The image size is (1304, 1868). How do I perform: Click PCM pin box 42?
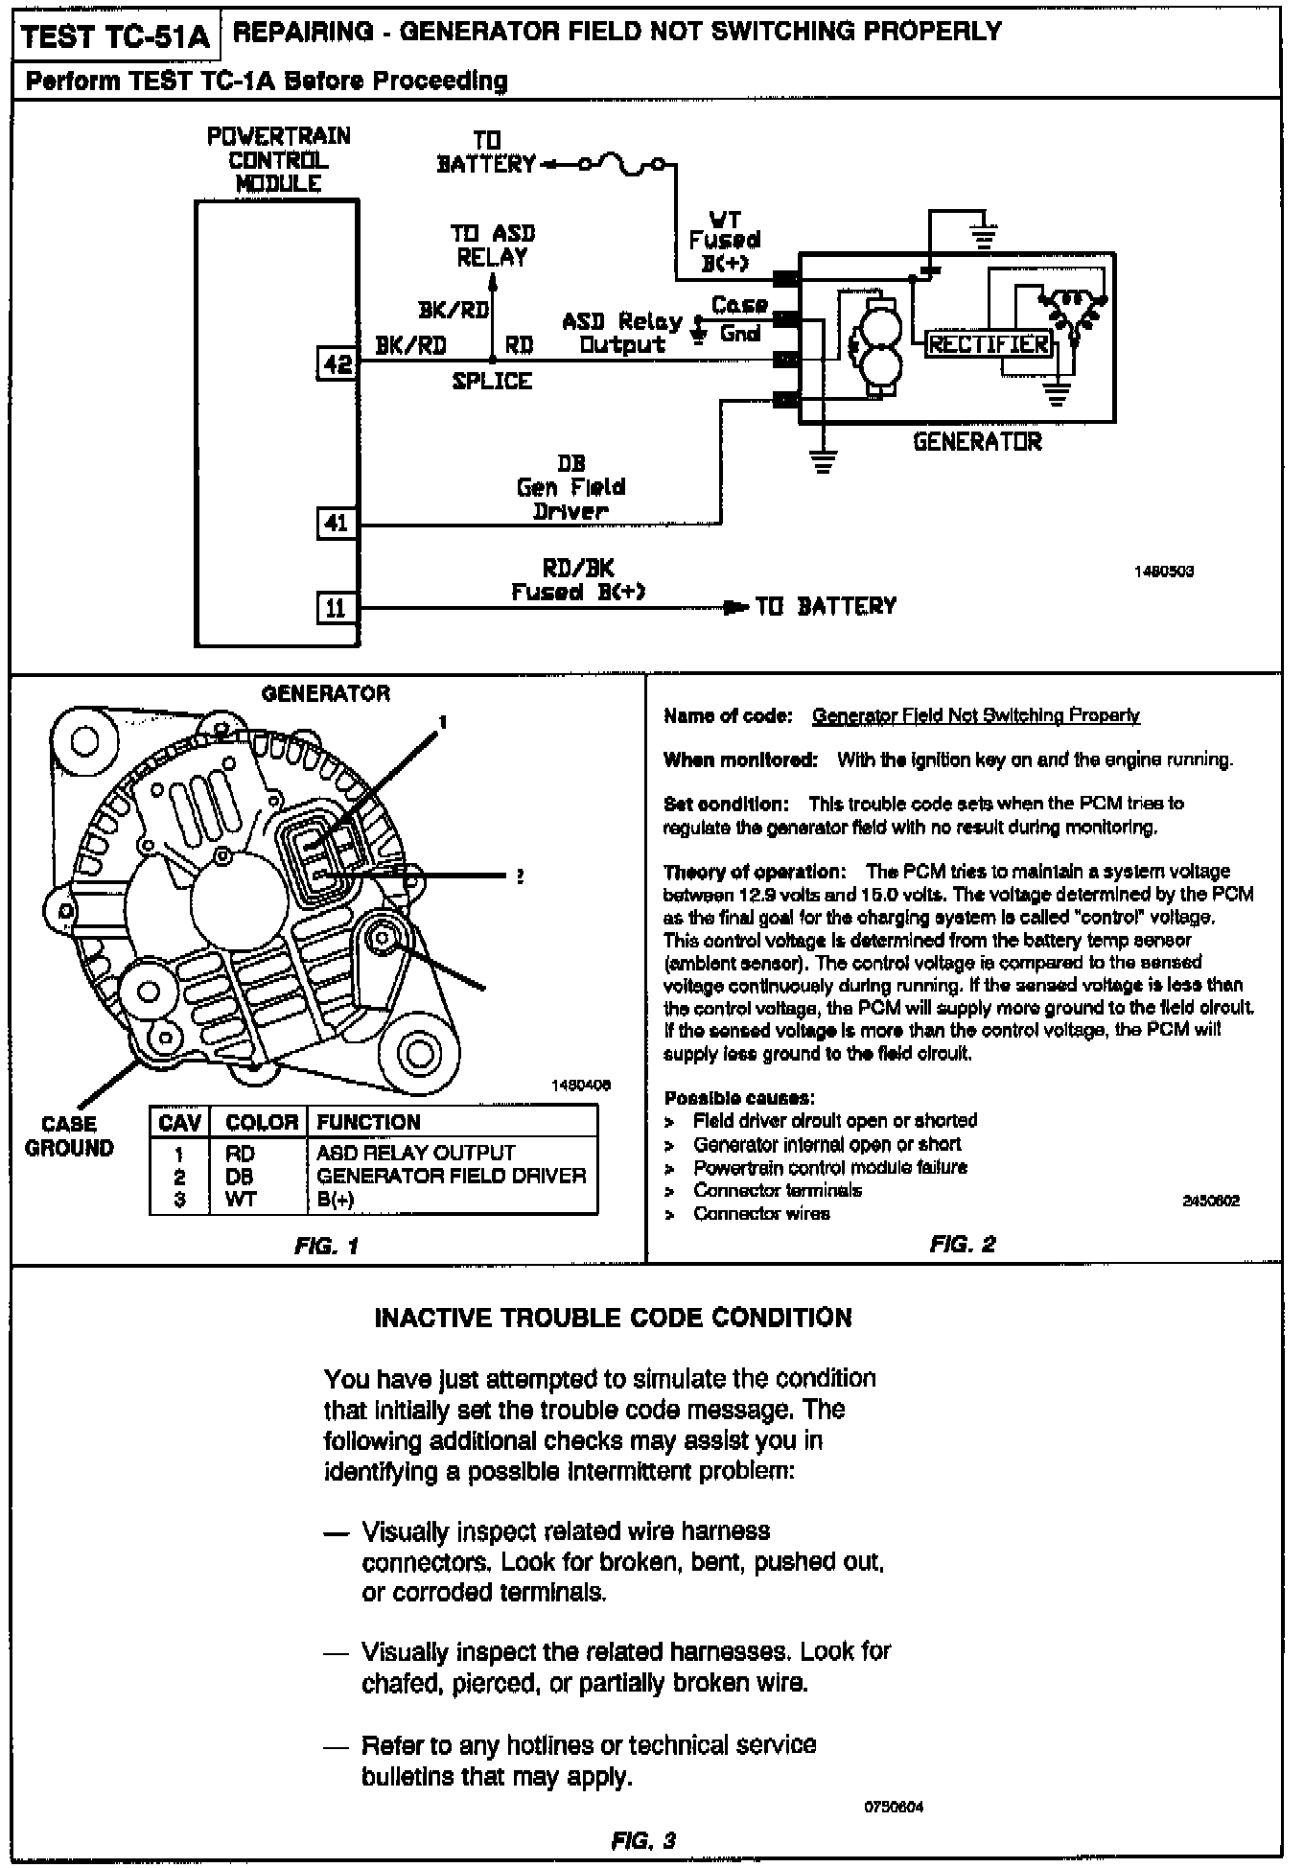pos(338,363)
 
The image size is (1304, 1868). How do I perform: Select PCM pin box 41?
pos(337,524)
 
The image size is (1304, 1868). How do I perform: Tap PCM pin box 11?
pos(337,607)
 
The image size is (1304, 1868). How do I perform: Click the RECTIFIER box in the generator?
pos(988,344)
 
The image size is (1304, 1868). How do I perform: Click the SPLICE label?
pos(492,382)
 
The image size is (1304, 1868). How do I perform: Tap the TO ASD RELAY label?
pos(492,245)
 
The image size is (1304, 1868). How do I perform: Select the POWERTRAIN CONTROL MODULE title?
pos(278,160)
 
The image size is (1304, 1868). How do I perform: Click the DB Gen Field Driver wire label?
pos(570,487)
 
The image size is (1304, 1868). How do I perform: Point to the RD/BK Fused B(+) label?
pos(577,580)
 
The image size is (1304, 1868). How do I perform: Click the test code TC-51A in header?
pos(115,37)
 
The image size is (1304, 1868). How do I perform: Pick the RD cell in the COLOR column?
pos(240,1154)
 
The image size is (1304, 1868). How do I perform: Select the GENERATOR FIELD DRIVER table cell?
pos(451,1176)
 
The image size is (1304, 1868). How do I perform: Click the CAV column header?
pos(179,1122)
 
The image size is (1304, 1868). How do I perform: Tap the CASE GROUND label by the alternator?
pos(69,1136)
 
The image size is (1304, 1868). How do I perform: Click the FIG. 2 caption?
pos(962,1245)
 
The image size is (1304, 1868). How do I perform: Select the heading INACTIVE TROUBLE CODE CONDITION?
pos(613,1318)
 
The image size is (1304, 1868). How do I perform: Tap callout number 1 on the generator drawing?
pos(443,721)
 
